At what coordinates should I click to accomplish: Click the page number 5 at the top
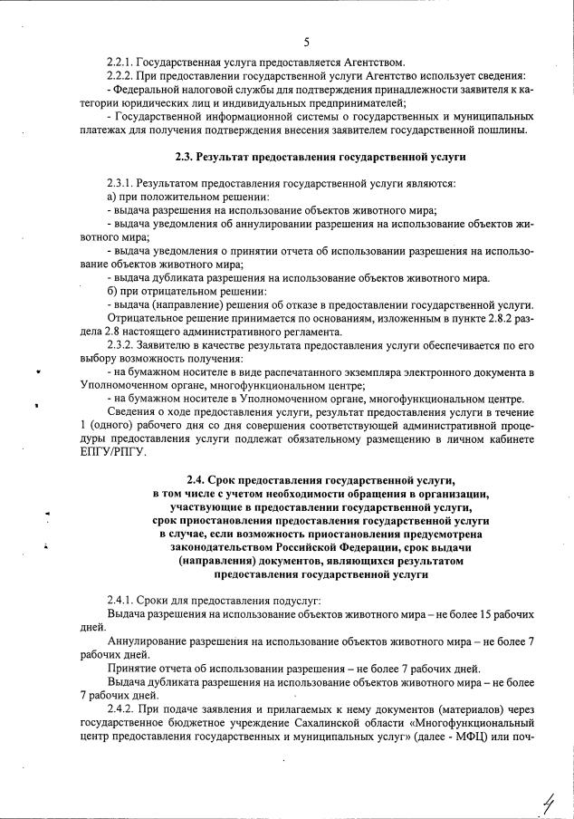pos(307,42)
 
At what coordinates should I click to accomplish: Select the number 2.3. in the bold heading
pos(186,158)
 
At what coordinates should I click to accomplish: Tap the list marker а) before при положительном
pos(110,198)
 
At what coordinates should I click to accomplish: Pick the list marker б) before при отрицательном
pos(110,291)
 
